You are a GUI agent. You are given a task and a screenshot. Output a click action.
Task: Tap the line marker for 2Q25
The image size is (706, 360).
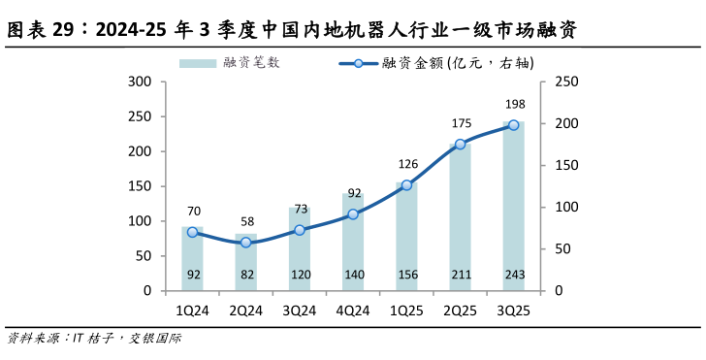point(461,145)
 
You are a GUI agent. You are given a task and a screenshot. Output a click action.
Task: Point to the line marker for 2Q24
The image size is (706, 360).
point(246,243)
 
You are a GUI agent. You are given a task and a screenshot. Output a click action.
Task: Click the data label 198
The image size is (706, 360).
point(514,104)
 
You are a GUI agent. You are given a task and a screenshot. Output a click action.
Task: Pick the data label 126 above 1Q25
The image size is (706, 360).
point(407,163)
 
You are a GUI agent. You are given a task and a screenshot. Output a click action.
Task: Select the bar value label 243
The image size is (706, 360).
point(514,276)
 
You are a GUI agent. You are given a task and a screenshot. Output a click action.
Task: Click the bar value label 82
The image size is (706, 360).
point(246,276)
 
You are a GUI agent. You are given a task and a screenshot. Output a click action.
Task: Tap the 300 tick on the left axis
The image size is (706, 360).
point(141,82)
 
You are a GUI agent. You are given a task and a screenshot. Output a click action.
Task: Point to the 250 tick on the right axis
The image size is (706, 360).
point(565,82)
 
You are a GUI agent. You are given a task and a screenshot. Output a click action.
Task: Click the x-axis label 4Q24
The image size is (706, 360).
point(353,311)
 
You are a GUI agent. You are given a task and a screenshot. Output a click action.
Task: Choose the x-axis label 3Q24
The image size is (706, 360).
point(300,311)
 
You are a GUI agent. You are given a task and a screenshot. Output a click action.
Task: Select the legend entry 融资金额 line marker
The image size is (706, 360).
point(358,63)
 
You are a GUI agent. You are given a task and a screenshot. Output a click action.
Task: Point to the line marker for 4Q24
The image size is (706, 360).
point(353,214)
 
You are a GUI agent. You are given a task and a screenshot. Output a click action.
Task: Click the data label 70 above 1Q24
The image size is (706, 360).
point(193,211)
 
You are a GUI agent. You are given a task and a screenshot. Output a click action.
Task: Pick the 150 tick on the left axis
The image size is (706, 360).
point(141,186)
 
